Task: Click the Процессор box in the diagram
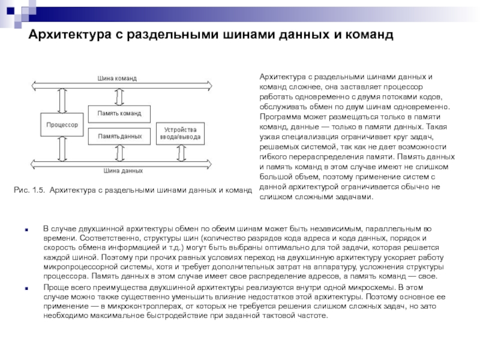click(62, 125)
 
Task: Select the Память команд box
click(119, 113)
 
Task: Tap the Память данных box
click(119, 136)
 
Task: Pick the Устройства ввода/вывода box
click(180, 133)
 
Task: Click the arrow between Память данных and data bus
click(119, 154)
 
